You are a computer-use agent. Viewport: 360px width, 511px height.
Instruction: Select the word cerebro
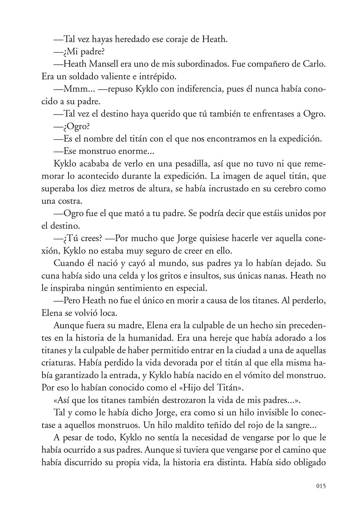[x=278, y=188]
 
